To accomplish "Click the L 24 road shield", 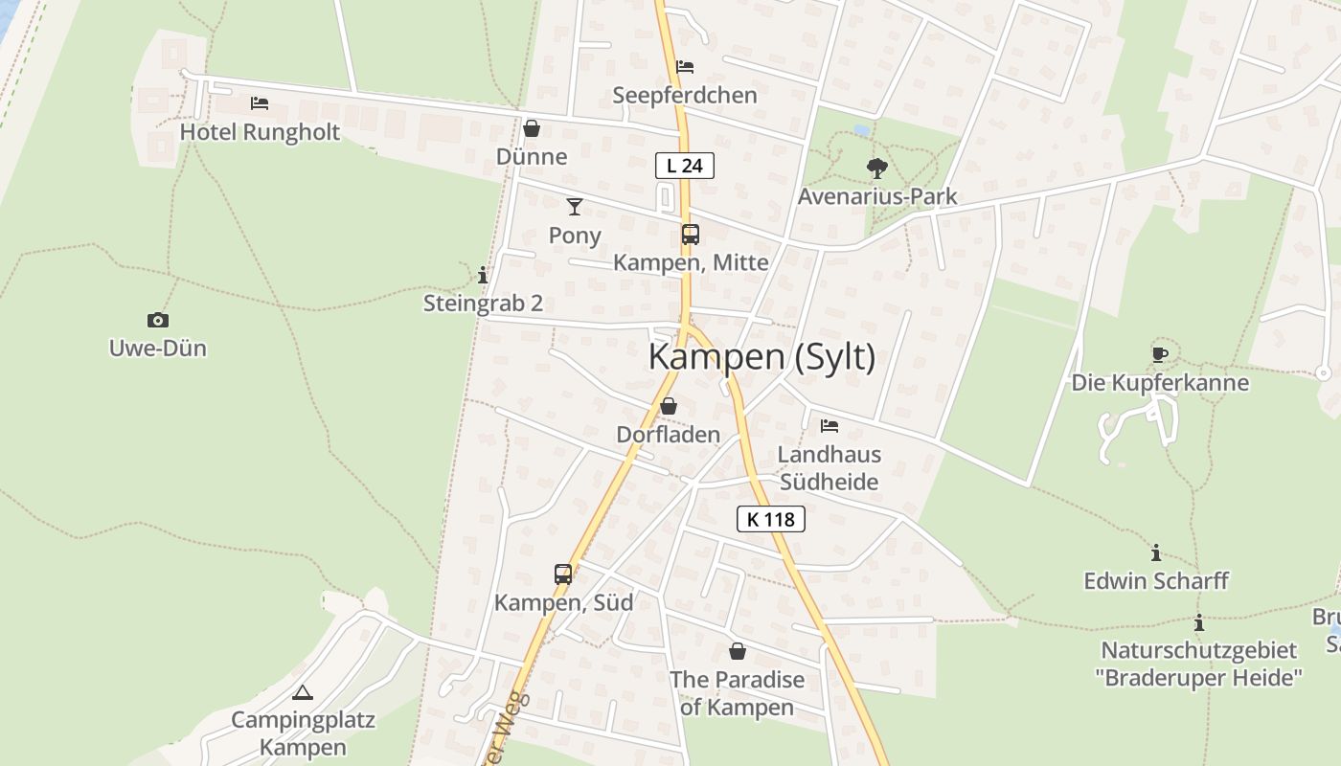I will pyautogui.click(x=685, y=166).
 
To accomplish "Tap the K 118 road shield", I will pyautogui.click(x=770, y=520).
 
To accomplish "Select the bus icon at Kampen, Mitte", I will pyautogui.click(x=690, y=235).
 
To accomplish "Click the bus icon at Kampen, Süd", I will pyautogui.click(x=563, y=574).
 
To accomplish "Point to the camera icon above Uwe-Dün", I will pyautogui.click(x=158, y=320).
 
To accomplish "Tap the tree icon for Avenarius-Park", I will pyautogui.click(x=876, y=169).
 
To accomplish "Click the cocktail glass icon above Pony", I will pyautogui.click(x=575, y=206).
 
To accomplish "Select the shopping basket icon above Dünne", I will pyautogui.click(x=532, y=128).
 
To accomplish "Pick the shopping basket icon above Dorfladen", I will pyautogui.click(x=669, y=406).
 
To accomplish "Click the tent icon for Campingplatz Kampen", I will pyautogui.click(x=303, y=692).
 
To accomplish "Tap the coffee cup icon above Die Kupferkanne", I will pyautogui.click(x=1160, y=354).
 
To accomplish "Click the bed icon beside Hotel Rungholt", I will pyautogui.click(x=259, y=103).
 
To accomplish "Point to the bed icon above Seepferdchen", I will pyautogui.click(x=685, y=67).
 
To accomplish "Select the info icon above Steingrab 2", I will pyautogui.click(x=483, y=276).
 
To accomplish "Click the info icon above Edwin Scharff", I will pyautogui.click(x=1156, y=552).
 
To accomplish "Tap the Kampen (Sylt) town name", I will pyautogui.click(x=761, y=357).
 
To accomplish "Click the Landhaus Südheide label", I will pyautogui.click(x=829, y=468).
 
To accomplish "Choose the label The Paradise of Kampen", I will pyautogui.click(x=737, y=693).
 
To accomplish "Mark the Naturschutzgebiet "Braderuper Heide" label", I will pyautogui.click(x=1198, y=664).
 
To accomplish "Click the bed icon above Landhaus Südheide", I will pyautogui.click(x=830, y=425).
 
